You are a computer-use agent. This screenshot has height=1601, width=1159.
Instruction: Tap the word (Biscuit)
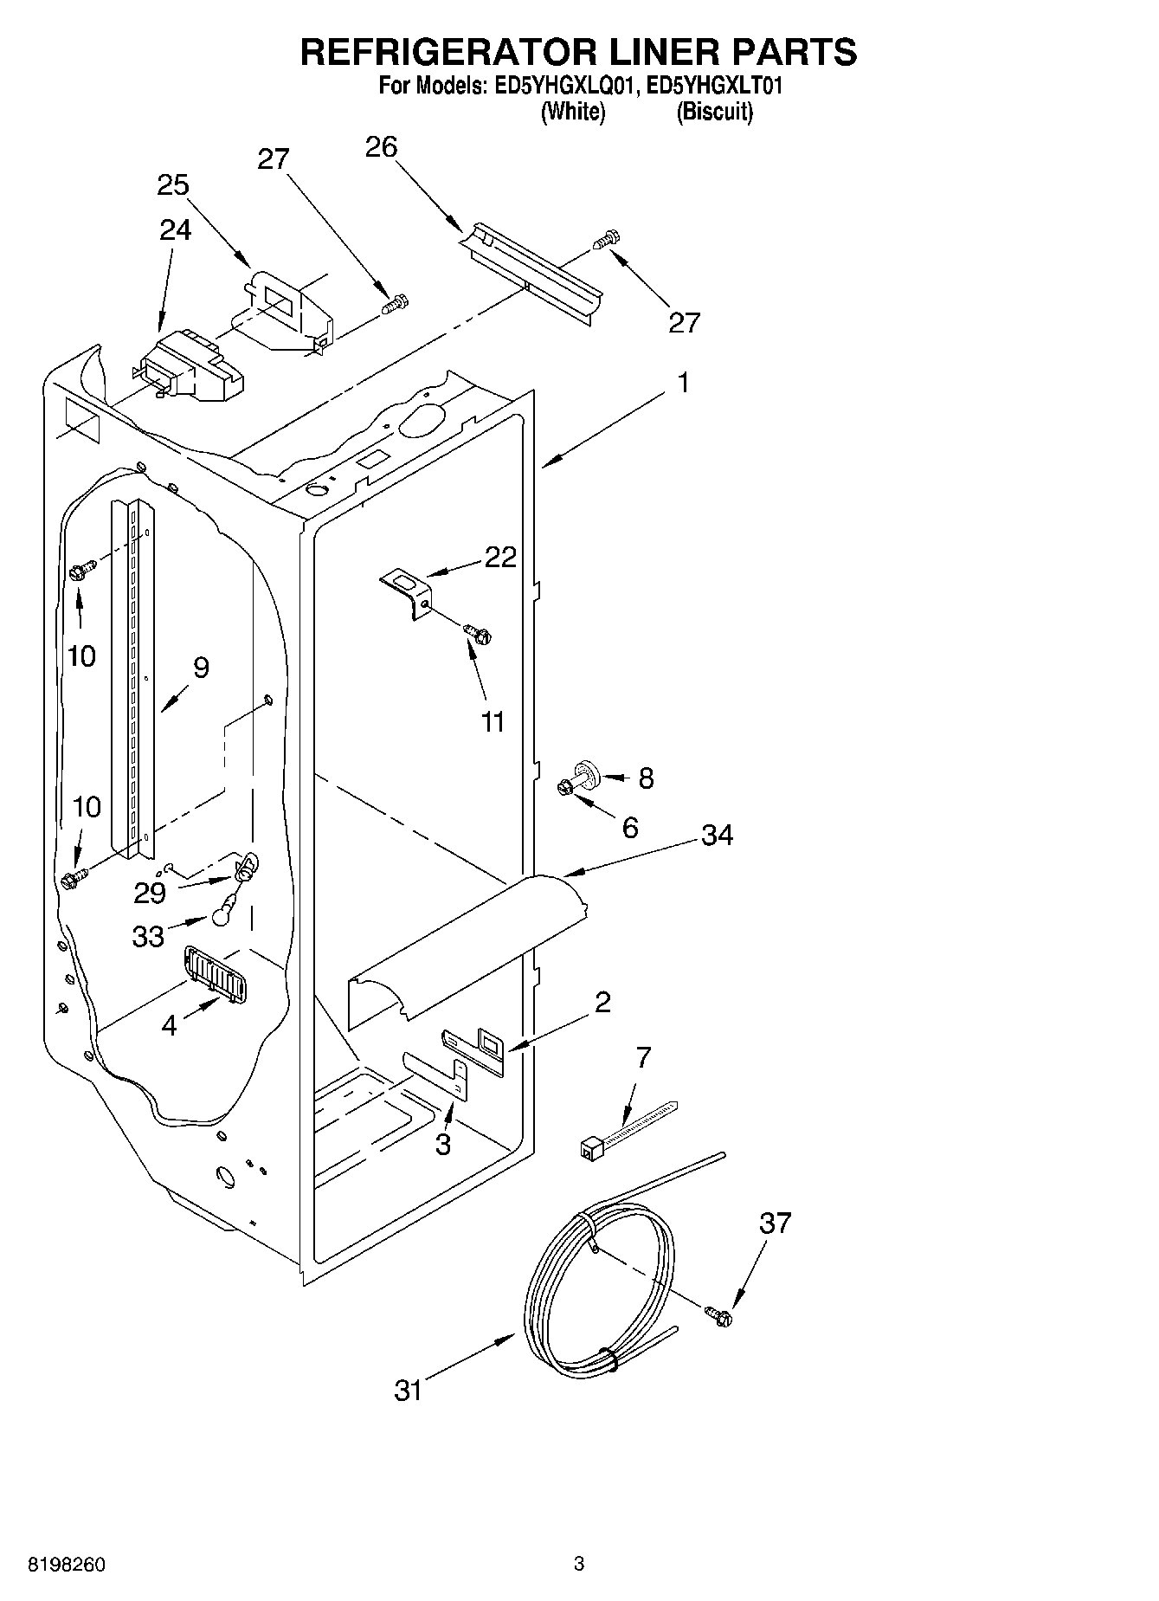click(x=714, y=112)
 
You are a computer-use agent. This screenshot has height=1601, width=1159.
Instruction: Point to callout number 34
click(x=717, y=835)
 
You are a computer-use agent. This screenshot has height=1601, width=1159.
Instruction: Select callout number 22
click(x=500, y=557)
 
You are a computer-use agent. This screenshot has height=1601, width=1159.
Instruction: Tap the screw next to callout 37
click(x=718, y=1315)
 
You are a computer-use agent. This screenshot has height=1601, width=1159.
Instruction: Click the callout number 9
click(x=201, y=668)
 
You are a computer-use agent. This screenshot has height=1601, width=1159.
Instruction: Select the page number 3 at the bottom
click(x=579, y=1563)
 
